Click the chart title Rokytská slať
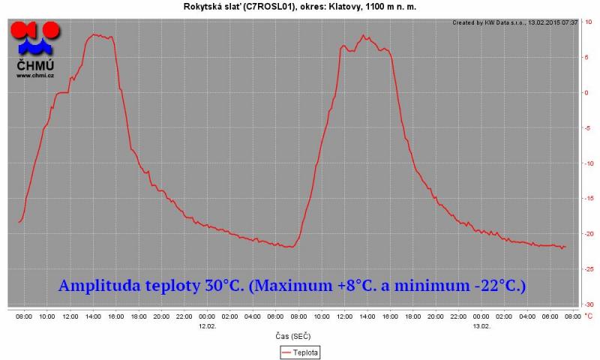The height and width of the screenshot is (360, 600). coord(300,7)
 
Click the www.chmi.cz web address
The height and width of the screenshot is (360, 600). coord(35,75)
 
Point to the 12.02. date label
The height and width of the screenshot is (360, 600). coord(207,325)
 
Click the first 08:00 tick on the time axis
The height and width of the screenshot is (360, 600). coord(24,317)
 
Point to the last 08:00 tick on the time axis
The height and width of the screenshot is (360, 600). coord(572,317)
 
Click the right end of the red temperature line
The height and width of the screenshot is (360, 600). coord(565,247)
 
